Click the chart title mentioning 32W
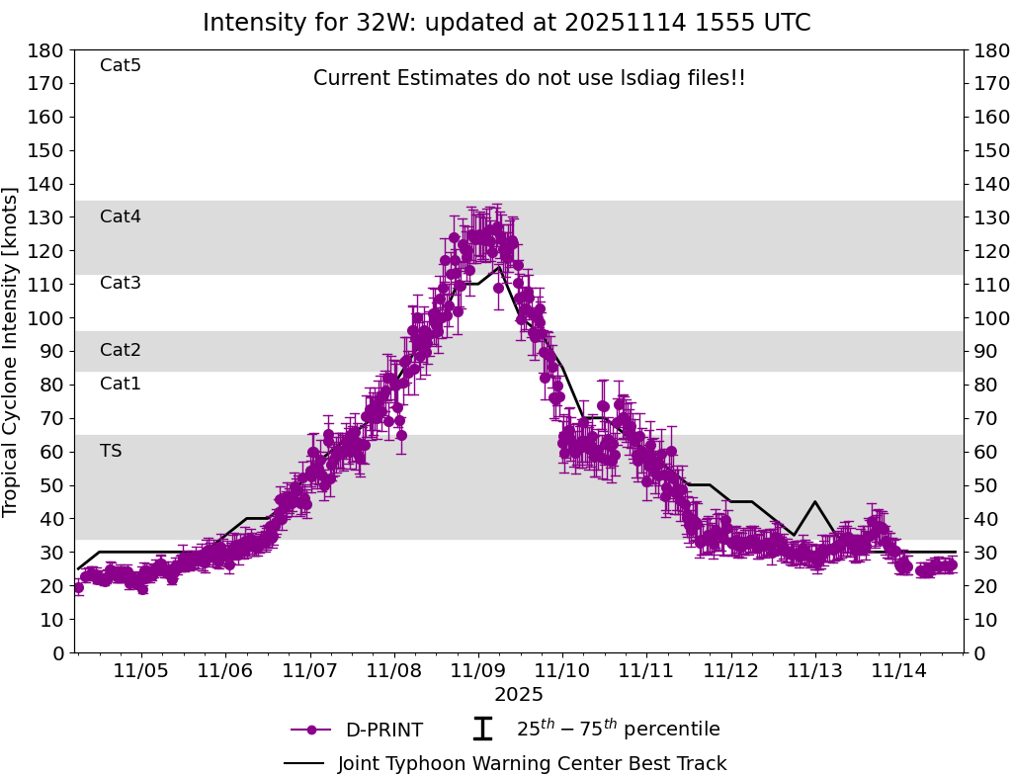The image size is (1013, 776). (x=506, y=23)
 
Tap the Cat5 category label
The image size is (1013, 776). (x=121, y=66)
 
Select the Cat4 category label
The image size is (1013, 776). (x=121, y=217)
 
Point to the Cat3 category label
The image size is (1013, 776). (x=121, y=284)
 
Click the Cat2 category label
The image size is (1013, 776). (x=121, y=351)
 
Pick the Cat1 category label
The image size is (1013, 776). (x=121, y=385)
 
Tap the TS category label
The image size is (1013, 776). (x=111, y=452)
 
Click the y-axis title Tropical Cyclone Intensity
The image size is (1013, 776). (x=12, y=351)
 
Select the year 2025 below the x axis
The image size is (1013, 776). (x=519, y=696)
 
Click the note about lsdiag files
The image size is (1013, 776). (x=530, y=79)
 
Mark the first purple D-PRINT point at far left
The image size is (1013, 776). (x=79, y=587)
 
